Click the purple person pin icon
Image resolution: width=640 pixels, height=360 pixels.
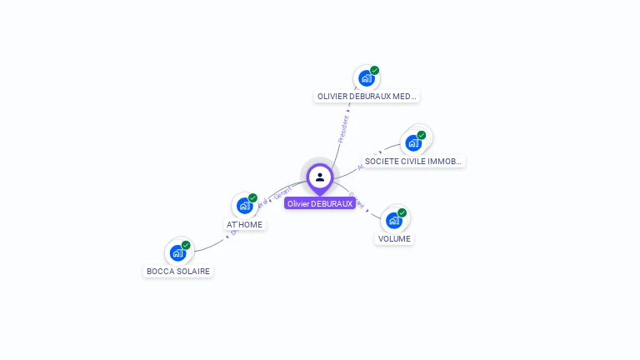click(320, 177)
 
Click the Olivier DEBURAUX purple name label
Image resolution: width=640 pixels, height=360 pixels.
click(320, 203)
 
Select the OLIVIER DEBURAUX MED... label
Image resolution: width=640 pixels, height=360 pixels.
click(367, 97)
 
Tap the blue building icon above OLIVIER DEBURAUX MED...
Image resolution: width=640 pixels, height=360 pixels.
click(366, 79)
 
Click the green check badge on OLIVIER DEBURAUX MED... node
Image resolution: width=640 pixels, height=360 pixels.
click(375, 71)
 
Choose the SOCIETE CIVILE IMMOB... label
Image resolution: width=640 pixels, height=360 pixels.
click(413, 161)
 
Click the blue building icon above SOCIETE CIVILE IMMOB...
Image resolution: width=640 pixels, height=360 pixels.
click(412, 143)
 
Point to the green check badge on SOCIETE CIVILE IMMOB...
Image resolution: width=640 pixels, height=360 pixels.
click(422, 135)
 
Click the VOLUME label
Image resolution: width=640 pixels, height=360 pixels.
click(394, 238)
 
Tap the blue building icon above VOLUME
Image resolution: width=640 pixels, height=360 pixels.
click(393, 221)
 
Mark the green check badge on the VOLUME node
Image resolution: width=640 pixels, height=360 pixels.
click(402, 212)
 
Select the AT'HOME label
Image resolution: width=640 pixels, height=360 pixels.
click(245, 224)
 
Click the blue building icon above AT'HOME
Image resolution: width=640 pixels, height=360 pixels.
click(244, 206)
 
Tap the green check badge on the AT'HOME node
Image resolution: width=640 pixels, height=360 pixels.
click(253, 197)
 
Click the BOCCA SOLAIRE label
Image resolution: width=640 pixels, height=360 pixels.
click(178, 271)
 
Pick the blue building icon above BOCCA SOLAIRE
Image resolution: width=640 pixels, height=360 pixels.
click(177, 253)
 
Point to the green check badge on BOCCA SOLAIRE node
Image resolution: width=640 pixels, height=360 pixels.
click(187, 245)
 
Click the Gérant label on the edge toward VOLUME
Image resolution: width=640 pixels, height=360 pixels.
click(357, 200)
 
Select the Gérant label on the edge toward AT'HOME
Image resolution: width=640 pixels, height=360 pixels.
click(282, 193)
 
